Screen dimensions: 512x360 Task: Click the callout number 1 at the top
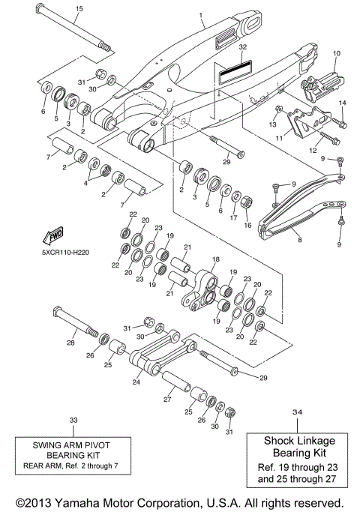(x=200, y=15)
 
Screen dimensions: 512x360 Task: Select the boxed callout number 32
(x=241, y=46)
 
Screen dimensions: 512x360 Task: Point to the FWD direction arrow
(x=56, y=237)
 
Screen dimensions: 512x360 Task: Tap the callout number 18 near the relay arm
(x=216, y=259)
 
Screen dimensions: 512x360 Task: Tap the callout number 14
(x=342, y=103)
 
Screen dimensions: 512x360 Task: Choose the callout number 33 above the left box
(x=73, y=420)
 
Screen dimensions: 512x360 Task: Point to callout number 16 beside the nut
(x=248, y=224)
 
